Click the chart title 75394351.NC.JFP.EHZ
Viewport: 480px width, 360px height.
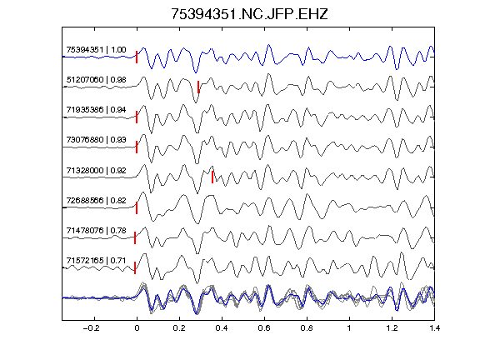(x=249, y=14)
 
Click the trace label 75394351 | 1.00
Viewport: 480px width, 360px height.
(x=96, y=50)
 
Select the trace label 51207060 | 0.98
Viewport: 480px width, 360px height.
(x=96, y=80)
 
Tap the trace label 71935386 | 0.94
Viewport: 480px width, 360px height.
(x=96, y=110)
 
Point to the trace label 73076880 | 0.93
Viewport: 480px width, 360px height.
(x=96, y=140)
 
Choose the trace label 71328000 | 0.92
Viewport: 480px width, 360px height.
(x=96, y=170)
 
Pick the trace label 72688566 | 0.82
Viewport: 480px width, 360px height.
(x=96, y=200)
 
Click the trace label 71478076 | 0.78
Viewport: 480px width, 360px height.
(x=96, y=230)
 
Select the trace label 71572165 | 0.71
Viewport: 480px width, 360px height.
(x=96, y=260)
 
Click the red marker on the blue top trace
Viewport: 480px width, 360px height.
(x=137, y=57)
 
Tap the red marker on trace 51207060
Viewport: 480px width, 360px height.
(x=198, y=87)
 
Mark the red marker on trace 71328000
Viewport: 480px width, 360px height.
(x=212, y=177)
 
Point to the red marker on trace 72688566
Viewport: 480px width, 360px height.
(x=137, y=207)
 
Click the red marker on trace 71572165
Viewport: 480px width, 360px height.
(x=135, y=267)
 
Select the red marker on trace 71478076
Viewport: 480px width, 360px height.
(x=135, y=237)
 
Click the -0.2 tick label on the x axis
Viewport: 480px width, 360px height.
(x=91, y=328)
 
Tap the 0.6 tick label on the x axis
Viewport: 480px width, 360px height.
(x=264, y=328)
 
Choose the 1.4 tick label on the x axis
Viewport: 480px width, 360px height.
(x=434, y=328)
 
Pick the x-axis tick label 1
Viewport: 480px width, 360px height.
(x=349, y=328)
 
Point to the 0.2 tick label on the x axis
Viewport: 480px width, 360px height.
(x=179, y=328)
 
